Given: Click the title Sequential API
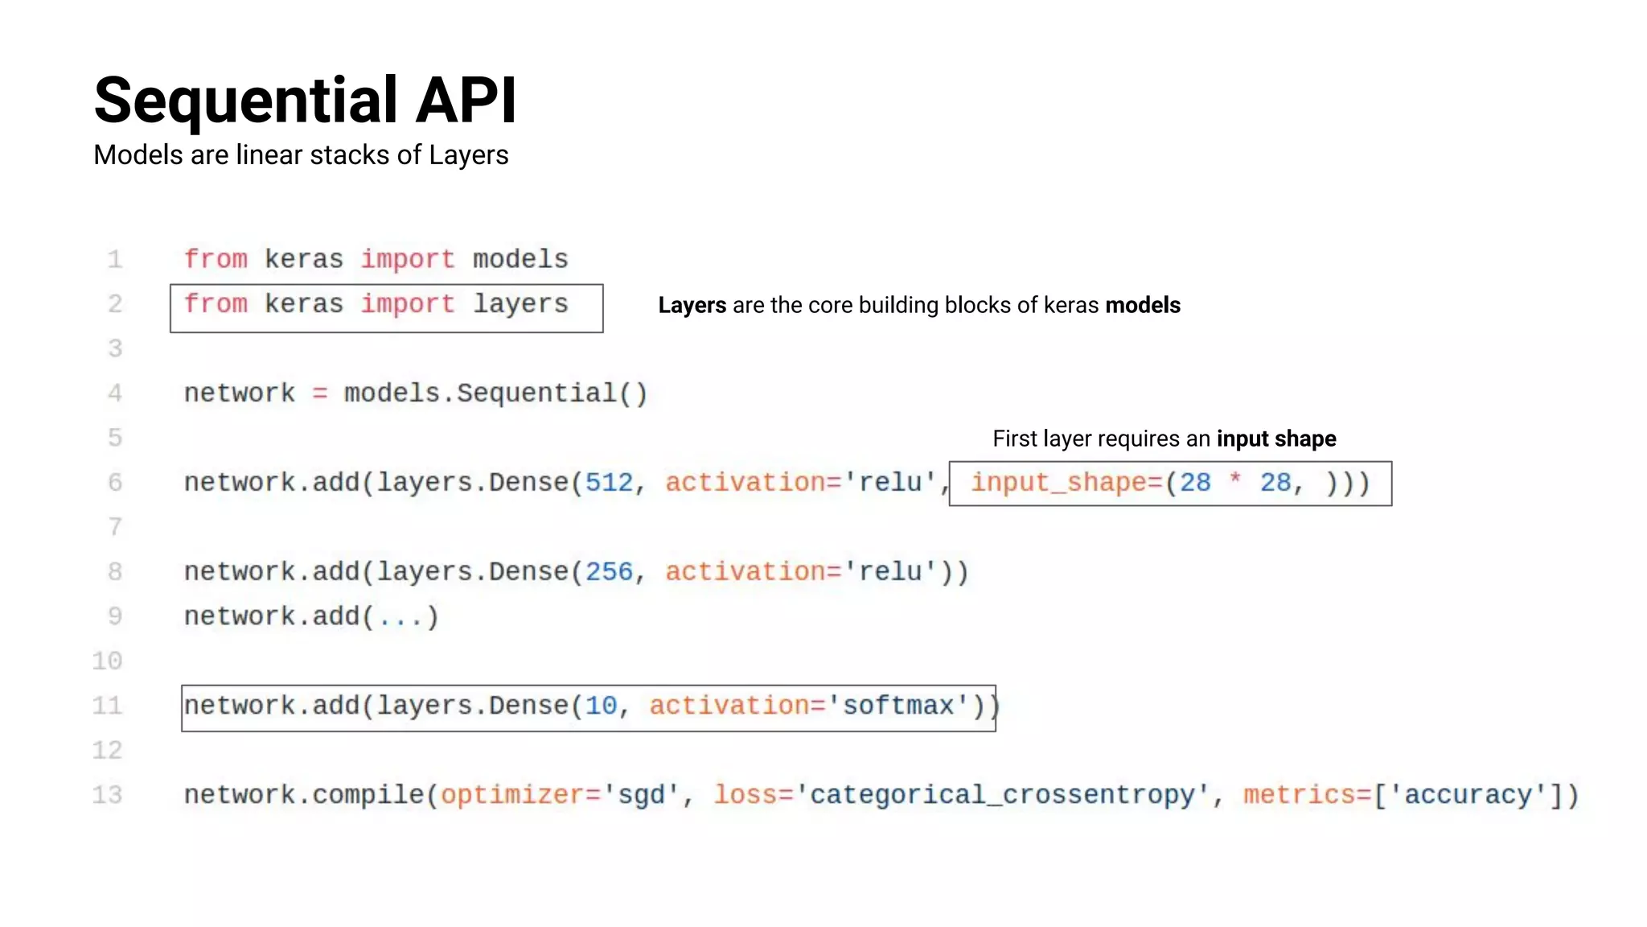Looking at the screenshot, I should click(x=305, y=101).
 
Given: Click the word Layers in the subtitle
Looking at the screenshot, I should click(x=468, y=155).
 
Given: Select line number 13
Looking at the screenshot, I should click(x=107, y=794).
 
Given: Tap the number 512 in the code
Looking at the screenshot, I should click(x=609, y=482).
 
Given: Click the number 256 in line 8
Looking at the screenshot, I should click(x=609, y=571).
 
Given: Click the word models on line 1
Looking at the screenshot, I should click(x=520, y=259).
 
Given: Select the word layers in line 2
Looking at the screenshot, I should click(x=520, y=304).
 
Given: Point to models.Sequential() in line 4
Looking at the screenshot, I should click(x=495, y=393).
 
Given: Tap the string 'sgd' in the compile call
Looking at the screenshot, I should click(x=641, y=794).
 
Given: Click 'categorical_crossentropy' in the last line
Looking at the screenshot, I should click(x=1002, y=794).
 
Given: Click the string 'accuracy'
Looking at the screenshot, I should click(x=1468, y=794).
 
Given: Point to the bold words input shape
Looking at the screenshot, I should click(x=1275, y=439).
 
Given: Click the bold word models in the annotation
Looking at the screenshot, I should click(x=1143, y=306).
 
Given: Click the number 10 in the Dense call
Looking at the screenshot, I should click(x=601, y=706).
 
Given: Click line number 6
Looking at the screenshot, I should click(x=115, y=482).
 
